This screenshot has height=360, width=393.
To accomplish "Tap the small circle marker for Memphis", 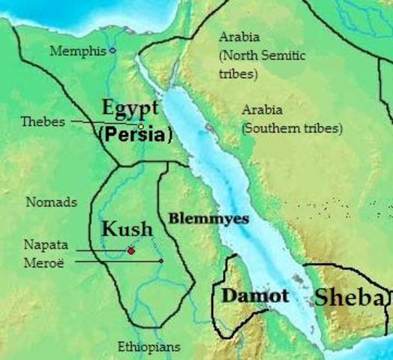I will pos(112,51).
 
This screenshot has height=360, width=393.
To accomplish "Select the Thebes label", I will pos(43,121).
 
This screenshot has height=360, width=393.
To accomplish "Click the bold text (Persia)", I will pos(136,136).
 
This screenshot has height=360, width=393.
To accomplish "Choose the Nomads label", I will pos(51,202).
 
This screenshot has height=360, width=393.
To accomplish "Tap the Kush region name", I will pos(127,228).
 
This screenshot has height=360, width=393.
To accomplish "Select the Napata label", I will pos(46,245).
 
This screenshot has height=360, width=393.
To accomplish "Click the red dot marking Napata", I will pos(131,250).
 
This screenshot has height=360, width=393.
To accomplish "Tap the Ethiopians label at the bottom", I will pos(149,346).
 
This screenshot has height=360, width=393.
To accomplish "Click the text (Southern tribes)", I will pos(292,128).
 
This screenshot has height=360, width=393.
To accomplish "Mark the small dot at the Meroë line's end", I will pos(161,261).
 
